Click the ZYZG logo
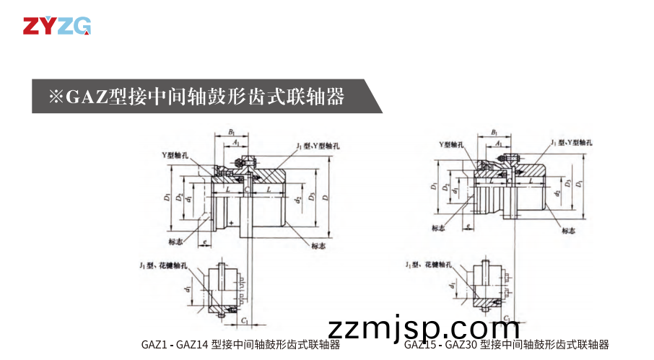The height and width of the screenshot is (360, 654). tap(56, 26)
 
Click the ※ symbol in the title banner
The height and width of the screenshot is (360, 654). tap(56, 96)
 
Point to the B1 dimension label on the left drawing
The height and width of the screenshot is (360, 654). tap(231, 133)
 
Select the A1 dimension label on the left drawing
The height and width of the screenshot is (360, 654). tap(237, 144)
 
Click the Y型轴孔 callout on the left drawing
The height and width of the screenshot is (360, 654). tap(175, 155)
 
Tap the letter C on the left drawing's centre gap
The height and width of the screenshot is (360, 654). tap(246, 189)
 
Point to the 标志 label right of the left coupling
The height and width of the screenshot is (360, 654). tap(318, 245)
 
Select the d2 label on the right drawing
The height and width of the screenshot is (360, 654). tap(557, 193)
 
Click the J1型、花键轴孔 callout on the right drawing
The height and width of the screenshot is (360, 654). tap(429, 265)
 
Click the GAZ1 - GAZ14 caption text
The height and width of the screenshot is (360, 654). tap(240, 345)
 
